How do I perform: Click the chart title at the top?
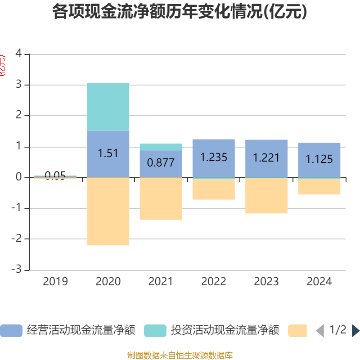[180, 12]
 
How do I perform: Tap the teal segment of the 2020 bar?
[108, 107]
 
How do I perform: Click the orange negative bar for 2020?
[108, 211]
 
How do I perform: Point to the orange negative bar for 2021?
[161, 198]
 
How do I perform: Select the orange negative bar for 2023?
[266, 196]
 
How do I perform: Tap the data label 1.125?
[319, 159]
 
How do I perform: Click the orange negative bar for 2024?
[319, 187]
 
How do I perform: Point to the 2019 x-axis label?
[55, 282]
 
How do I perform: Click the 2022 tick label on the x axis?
[213, 282]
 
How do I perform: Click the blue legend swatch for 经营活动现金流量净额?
[11, 331]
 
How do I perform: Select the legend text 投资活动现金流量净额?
[225, 331]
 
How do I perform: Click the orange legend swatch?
[297, 331]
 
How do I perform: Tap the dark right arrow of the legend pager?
[355, 331]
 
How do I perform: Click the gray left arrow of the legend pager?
[320, 331]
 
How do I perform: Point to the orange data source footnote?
[180, 355]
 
